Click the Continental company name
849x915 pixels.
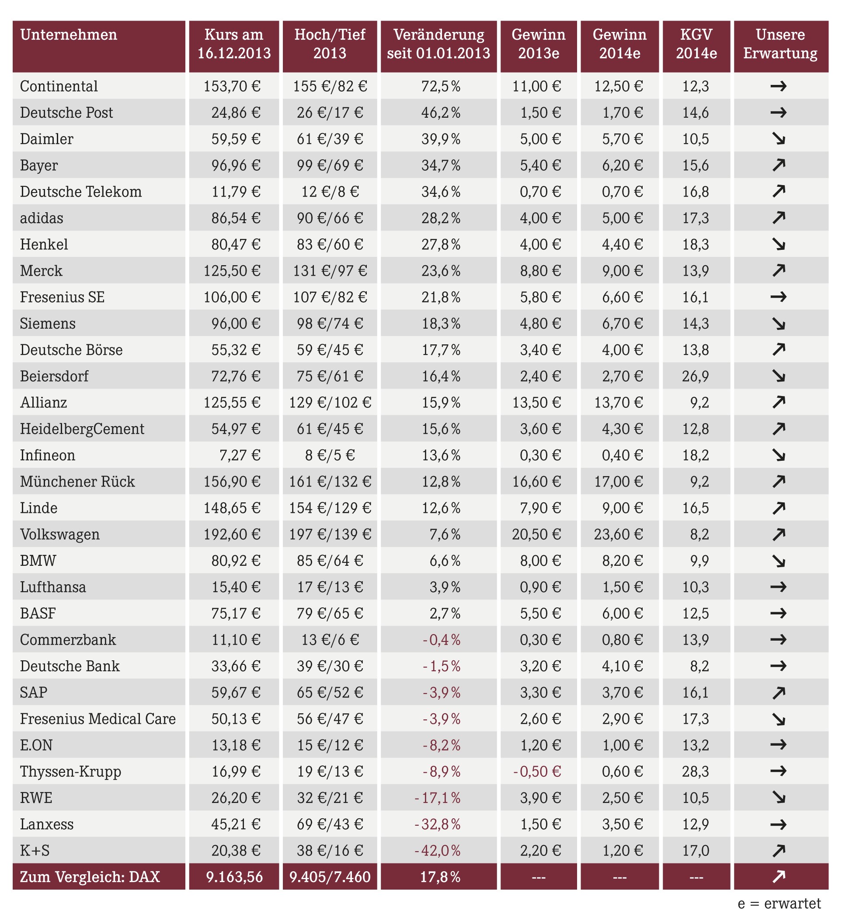point(59,87)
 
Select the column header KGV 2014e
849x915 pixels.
point(696,44)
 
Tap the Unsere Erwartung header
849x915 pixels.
point(780,44)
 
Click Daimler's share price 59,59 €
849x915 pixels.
point(236,139)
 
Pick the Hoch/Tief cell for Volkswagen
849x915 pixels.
point(330,534)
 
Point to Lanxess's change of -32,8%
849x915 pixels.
point(437,824)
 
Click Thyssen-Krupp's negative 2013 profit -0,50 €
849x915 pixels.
point(537,771)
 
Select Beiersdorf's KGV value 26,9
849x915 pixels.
point(696,376)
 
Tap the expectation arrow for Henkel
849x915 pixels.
point(779,244)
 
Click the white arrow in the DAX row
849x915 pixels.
point(779,877)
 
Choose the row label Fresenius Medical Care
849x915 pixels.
point(98,719)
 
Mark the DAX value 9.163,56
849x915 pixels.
point(234,877)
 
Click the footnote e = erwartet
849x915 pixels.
point(779,904)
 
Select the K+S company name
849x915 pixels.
point(35,851)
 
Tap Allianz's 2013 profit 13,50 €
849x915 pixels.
point(536,402)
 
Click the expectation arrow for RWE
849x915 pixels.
point(779,797)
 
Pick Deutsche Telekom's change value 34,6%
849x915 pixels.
point(441,192)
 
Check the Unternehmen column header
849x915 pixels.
point(69,35)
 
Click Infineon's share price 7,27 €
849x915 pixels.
point(240,455)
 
